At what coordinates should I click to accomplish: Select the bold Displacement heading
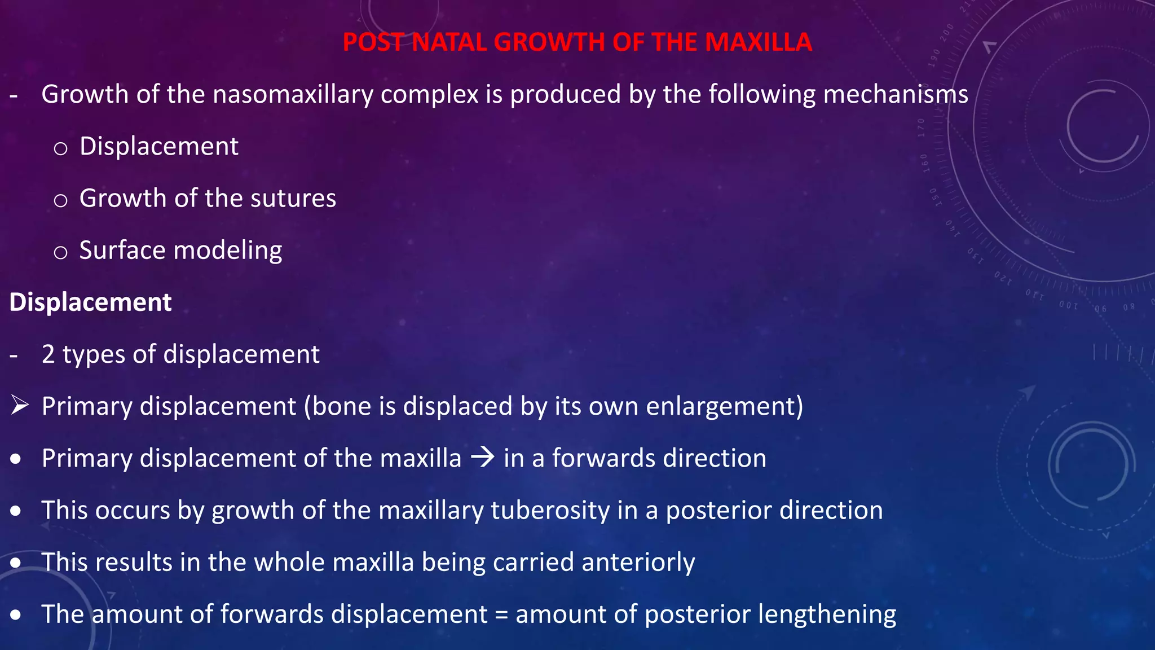tap(91, 302)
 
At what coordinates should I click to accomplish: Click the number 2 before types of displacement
tap(49, 355)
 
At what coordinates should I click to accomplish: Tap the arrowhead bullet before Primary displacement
tap(19, 405)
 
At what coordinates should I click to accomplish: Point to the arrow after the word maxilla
tap(483, 457)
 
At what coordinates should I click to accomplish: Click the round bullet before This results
tap(16, 563)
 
